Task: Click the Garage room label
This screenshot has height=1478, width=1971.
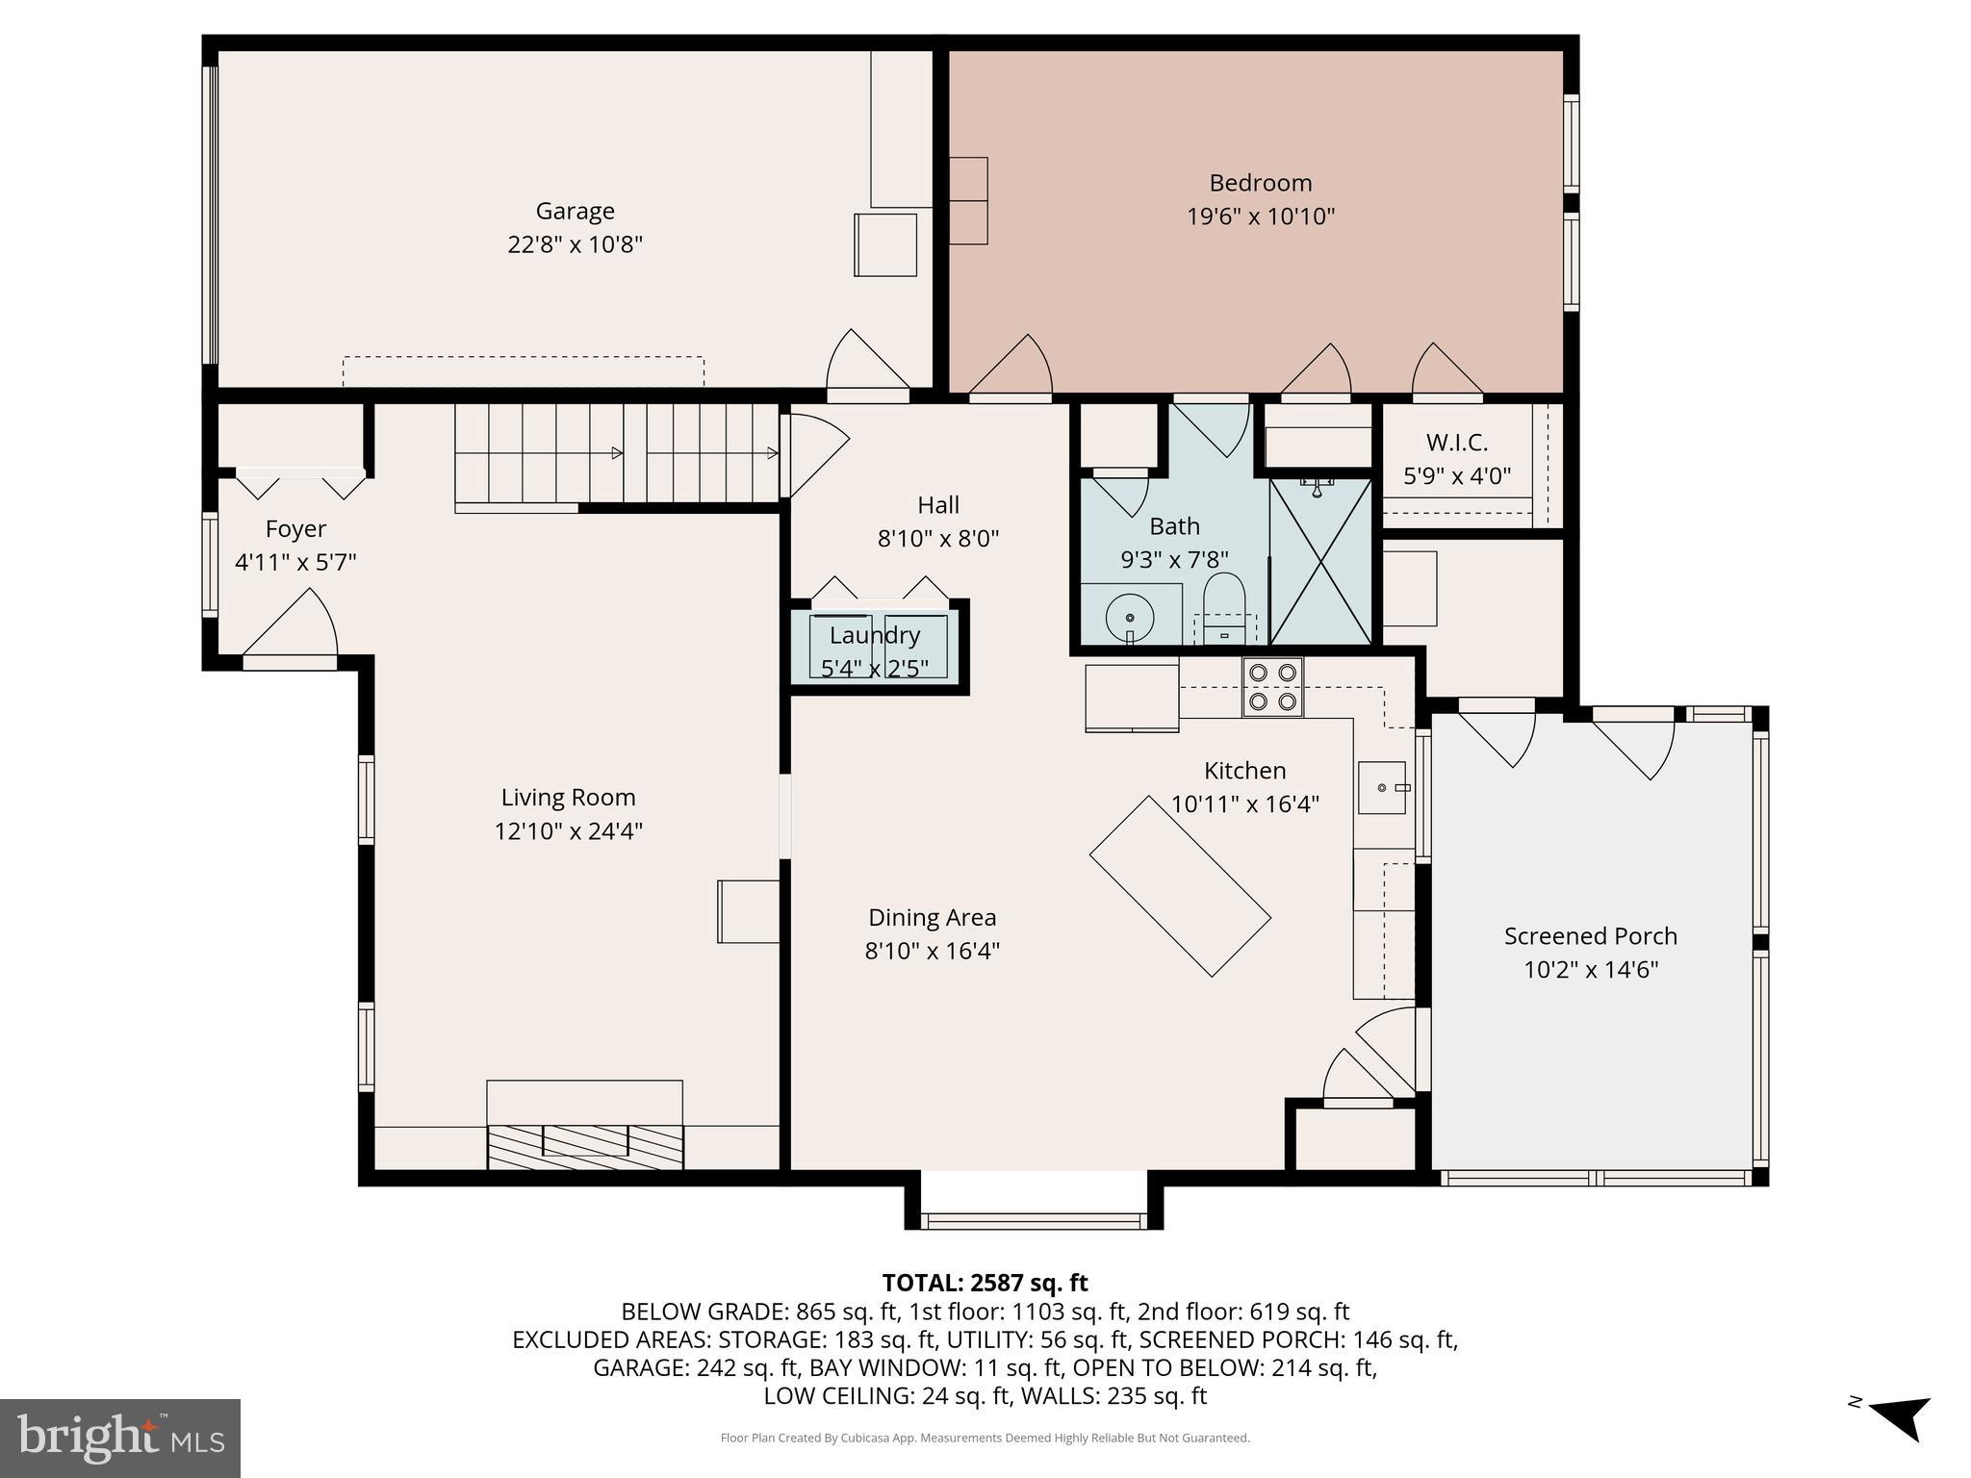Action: tap(575, 211)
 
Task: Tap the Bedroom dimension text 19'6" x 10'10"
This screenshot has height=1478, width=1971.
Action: tap(1260, 217)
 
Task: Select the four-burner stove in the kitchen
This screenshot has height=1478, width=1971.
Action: tap(1271, 687)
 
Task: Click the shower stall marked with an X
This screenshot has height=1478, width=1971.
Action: tap(1321, 562)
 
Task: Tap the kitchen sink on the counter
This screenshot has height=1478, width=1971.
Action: tap(1383, 787)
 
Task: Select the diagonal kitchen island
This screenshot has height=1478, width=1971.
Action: tap(1180, 885)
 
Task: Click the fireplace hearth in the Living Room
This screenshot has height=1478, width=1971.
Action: tap(585, 1145)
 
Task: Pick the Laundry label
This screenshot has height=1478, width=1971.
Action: tap(875, 635)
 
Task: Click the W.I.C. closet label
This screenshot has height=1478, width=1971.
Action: tap(1456, 443)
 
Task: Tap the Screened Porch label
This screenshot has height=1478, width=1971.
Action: tap(1590, 936)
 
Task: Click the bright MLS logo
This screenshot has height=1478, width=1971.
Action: tap(120, 1439)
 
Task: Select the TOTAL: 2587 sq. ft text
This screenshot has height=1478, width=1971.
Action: tap(985, 1283)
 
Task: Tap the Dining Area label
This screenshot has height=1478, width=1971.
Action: tap(932, 918)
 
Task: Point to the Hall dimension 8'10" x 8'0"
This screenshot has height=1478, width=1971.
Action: tap(937, 538)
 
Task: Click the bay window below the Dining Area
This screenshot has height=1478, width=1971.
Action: tap(1034, 1220)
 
